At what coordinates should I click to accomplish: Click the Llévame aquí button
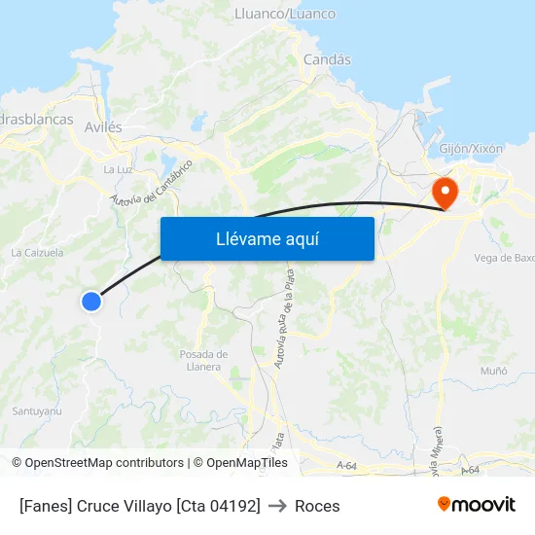pyautogui.click(x=267, y=238)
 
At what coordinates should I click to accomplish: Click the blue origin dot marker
pyautogui.click(x=91, y=302)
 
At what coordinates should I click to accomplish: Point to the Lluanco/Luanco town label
pyautogui.click(x=285, y=14)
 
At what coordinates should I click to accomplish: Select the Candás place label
pyautogui.click(x=327, y=59)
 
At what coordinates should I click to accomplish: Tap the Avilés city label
pyautogui.click(x=103, y=126)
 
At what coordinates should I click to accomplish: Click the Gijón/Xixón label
pyautogui.click(x=471, y=149)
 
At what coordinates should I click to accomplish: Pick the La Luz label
pyautogui.click(x=118, y=169)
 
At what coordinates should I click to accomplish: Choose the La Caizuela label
pyautogui.click(x=37, y=252)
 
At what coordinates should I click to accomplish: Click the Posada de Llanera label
pyautogui.click(x=204, y=360)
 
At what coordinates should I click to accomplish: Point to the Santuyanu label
pyautogui.click(x=37, y=411)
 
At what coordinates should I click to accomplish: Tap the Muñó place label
pyautogui.click(x=493, y=372)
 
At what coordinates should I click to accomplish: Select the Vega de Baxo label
pyautogui.click(x=504, y=258)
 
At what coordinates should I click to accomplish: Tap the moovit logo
pyautogui.click(x=476, y=504)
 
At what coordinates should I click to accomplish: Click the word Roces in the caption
pyautogui.click(x=317, y=506)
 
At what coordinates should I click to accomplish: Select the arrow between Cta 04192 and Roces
pyautogui.click(x=277, y=506)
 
